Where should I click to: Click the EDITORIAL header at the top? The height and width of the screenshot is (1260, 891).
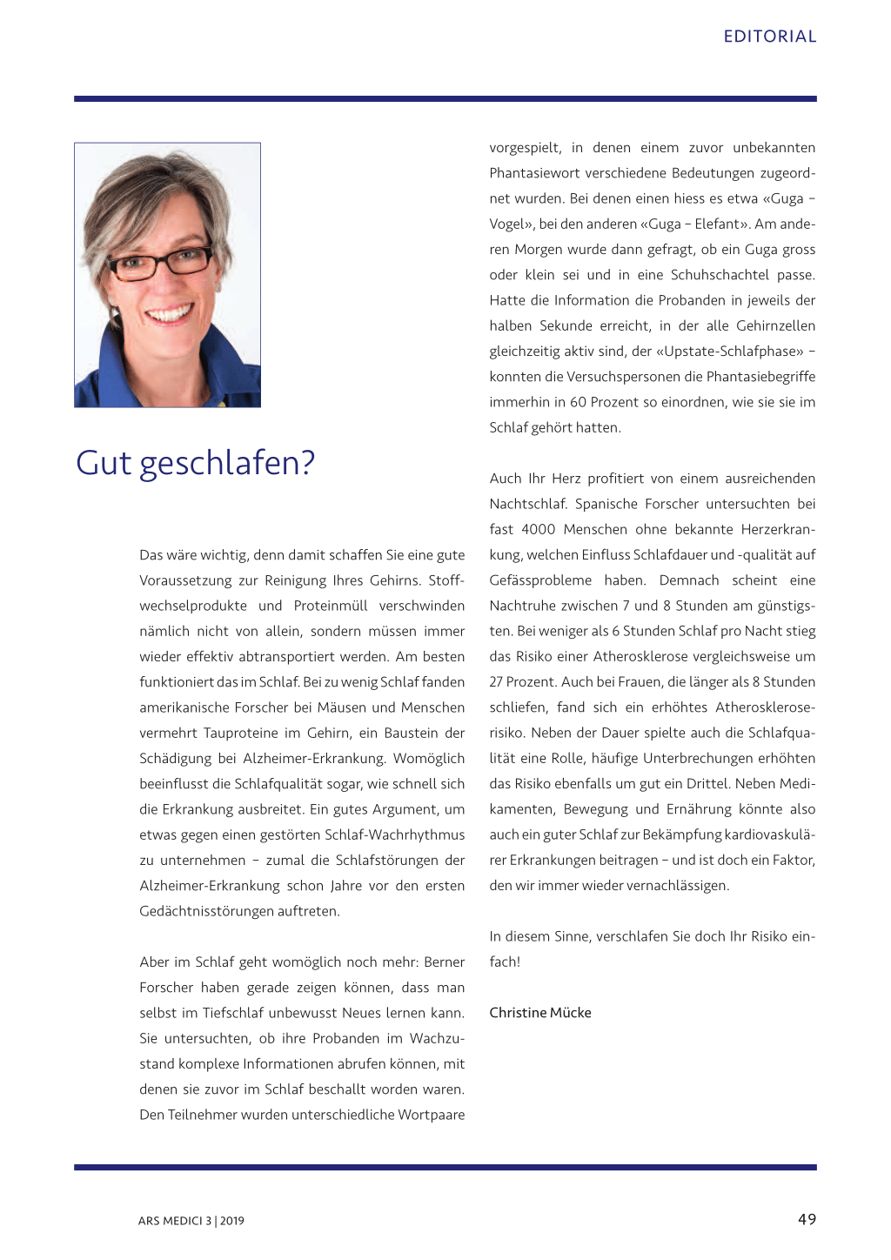769,37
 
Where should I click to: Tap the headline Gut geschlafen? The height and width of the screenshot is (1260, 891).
195,463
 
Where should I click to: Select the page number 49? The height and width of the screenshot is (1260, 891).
807,1219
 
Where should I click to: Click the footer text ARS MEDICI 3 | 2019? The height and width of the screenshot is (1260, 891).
191,1221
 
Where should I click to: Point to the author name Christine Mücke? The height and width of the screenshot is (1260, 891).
539,1013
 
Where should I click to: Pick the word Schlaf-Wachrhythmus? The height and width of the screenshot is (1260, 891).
394,834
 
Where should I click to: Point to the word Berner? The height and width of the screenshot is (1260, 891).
444,962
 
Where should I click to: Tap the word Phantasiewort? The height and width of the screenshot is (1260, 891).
533,173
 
